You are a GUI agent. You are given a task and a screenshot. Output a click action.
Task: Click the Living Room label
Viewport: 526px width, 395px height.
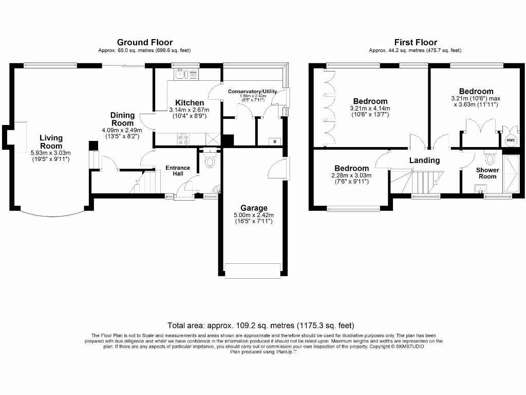pos(51,142)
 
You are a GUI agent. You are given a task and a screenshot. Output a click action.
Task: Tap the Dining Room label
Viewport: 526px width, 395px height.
pos(122,119)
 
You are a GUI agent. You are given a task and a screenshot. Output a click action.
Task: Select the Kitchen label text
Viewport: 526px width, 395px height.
pos(190,103)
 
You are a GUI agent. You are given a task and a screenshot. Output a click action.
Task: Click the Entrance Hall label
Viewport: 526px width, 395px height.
pos(178,171)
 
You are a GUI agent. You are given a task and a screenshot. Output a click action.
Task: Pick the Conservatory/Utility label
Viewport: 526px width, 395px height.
pos(252,92)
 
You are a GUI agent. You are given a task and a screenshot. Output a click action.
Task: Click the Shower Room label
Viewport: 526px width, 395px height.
pos(487,173)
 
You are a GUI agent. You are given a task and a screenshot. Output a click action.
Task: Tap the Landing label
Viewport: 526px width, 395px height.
pos(424,160)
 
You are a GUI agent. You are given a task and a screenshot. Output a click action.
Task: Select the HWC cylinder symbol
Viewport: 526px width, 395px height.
pos(511,140)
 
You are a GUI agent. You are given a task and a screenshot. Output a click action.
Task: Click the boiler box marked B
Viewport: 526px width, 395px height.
pos(275,141)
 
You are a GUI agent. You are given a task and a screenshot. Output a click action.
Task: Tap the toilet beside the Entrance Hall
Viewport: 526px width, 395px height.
pos(209,160)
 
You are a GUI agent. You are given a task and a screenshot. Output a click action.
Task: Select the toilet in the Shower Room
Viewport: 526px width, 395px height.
pos(488,156)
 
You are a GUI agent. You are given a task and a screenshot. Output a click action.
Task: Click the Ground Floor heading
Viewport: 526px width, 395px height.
pos(145,42)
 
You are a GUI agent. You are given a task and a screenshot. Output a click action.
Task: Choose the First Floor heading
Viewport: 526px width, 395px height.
pos(416,42)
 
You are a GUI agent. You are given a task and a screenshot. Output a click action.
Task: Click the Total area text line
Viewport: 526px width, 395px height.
pos(260,326)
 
